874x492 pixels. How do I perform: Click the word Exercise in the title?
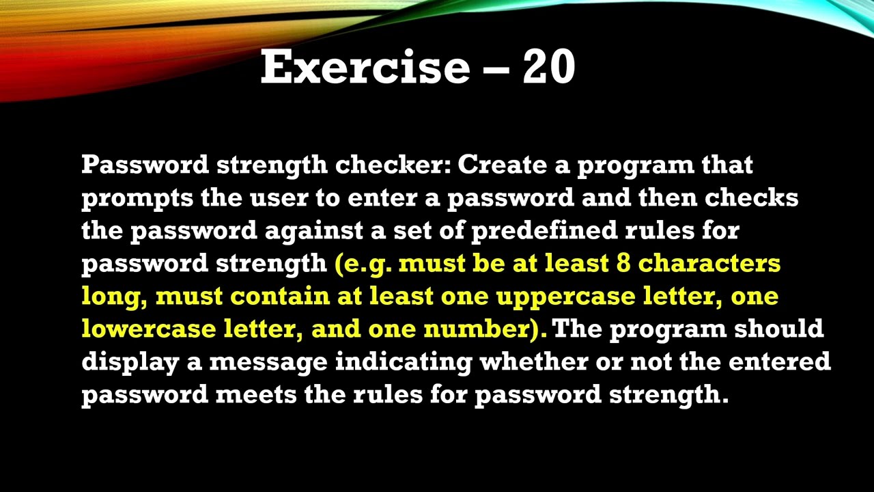tap(365, 67)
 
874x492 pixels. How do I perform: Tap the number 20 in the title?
tap(549, 67)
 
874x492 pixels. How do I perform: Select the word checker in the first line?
tap(392, 165)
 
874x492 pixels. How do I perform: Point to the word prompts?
tap(137, 198)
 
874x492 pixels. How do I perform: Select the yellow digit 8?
tap(623, 264)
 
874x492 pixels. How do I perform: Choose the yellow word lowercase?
tap(148, 329)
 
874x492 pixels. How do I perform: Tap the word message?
tap(268, 362)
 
